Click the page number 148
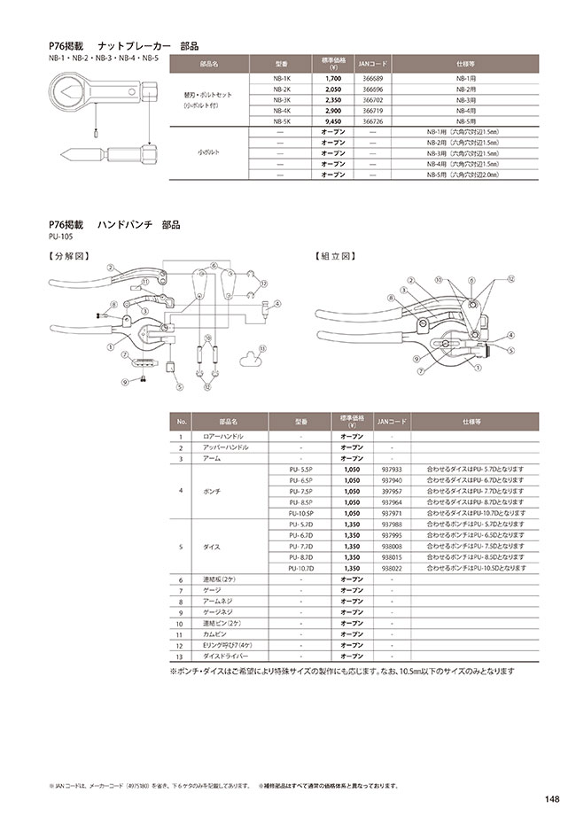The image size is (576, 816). tap(552, 797)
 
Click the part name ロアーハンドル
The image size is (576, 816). tap(223, 437)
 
